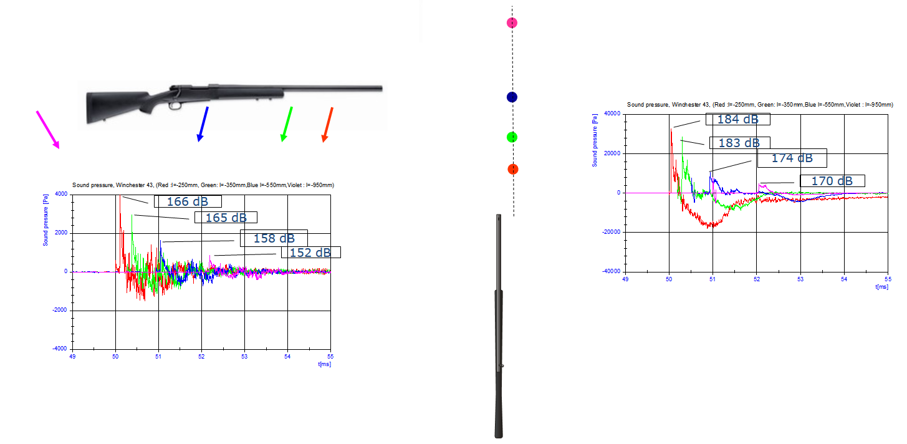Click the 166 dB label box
coord(188,201)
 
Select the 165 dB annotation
coord(226,218)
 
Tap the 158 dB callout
coord(274,238)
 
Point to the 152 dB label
coord(311,253)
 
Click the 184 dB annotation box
coord(737,119)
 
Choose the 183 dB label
coord(739,143)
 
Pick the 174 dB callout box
coord(792,158)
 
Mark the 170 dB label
coord(832,181)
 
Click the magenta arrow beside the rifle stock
coord(48,130)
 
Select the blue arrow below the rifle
coord(203,124)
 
